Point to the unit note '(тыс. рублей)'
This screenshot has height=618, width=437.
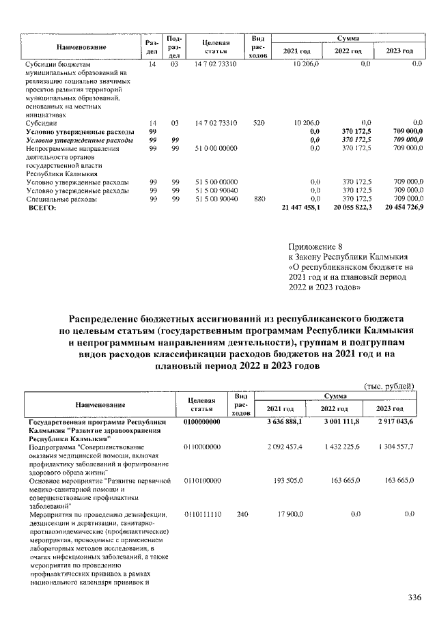tap(390, 386)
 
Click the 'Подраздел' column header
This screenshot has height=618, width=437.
tap(174, 46)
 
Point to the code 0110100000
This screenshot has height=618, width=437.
tap(201, 481)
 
